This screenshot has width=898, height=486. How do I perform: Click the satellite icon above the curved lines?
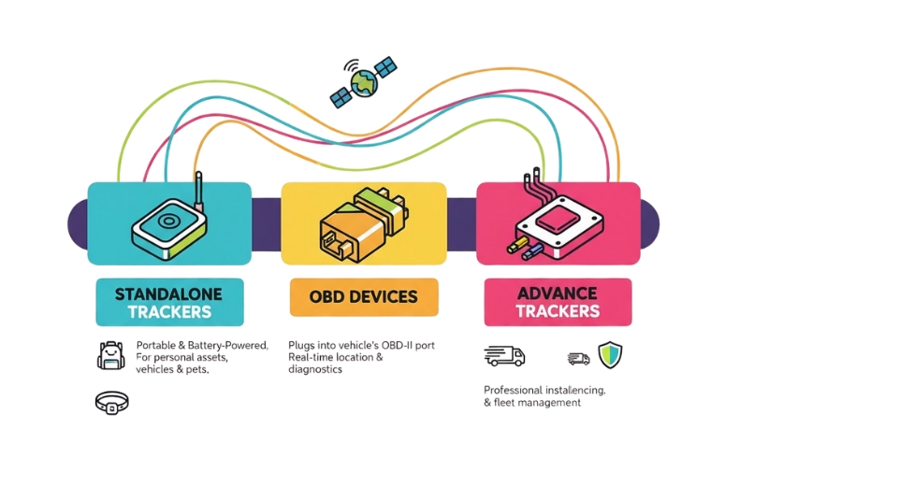click(364, 82)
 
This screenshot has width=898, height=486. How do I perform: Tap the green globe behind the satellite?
click(365, 83)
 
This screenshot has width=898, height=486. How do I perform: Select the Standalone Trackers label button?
click(169, 303)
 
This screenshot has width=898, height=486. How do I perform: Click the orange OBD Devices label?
click(364, 297)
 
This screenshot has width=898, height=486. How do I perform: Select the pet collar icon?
click(112, 403)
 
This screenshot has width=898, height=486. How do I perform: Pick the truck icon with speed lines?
click(505, 356)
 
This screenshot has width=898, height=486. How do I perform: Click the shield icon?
click(610, 355)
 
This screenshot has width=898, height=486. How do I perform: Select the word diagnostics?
click(315, 369)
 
